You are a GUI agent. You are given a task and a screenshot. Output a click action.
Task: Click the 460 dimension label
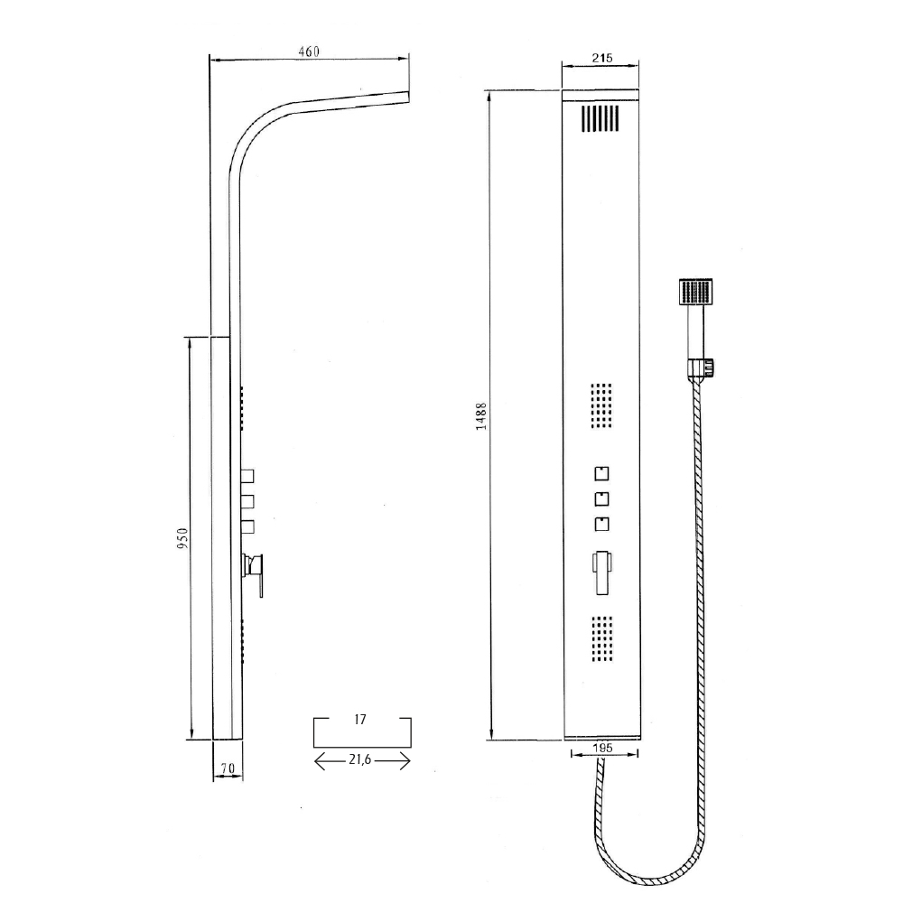point(309,51)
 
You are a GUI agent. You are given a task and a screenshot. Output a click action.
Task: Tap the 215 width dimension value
point(601,58)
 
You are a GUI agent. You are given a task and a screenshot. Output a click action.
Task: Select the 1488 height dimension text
point(481,416)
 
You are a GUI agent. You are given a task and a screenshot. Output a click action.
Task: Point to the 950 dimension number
point(182,538)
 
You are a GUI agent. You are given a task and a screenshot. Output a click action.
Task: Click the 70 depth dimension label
point(228,768)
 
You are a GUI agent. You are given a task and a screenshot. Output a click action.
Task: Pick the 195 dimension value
point(602,748)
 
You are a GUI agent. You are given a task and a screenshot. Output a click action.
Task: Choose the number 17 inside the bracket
point(360,720)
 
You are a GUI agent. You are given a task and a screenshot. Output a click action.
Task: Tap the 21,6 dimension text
point(360,760)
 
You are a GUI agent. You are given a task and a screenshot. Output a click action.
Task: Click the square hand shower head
point(695,293)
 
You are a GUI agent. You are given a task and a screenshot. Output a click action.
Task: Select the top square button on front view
point(601,473)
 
